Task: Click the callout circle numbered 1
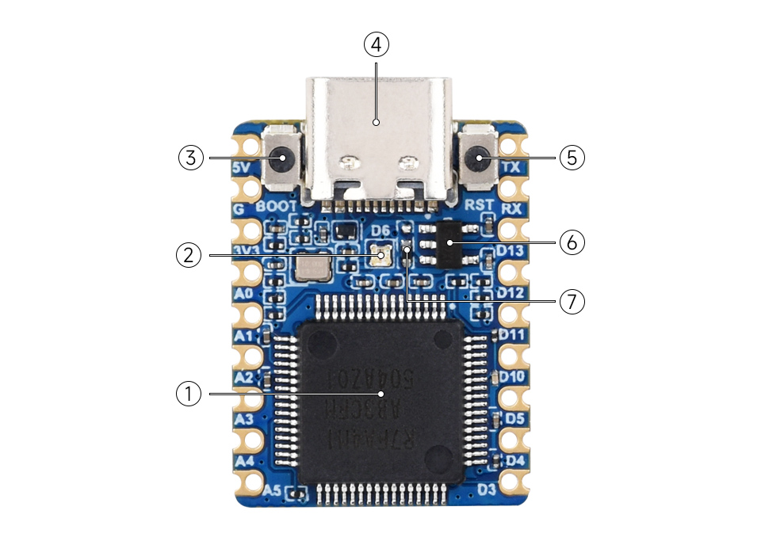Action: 188,394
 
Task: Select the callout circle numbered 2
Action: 188,255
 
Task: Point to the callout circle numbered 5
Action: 572,157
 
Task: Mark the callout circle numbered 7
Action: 572,301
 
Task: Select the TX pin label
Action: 512,168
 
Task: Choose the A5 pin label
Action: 272,490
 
